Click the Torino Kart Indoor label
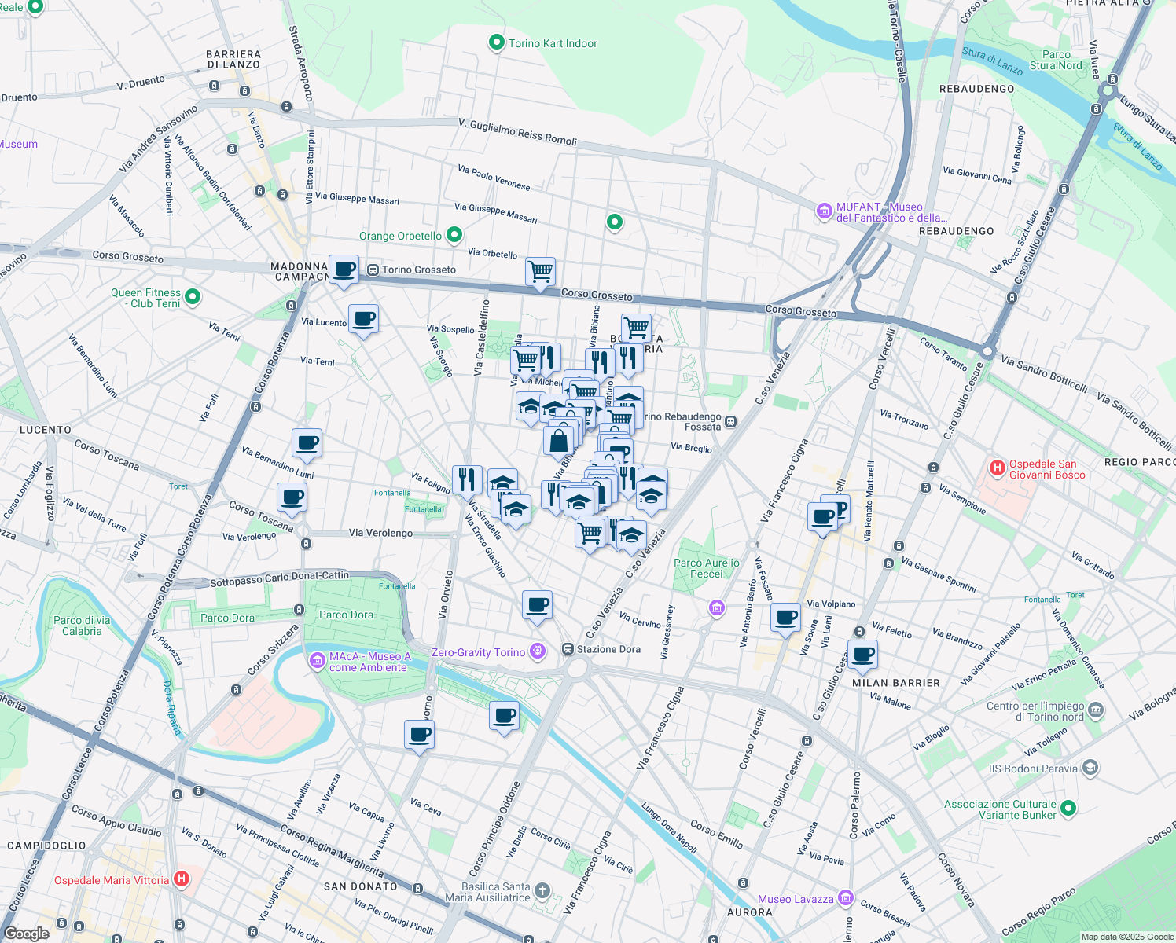click(x=553, y=43)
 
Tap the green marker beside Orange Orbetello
click(x=454, y=234)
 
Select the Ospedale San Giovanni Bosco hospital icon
click(x=998, y=468)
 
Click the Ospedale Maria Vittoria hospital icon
click(x=182, y=879)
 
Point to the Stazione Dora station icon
click(x=568, y=649)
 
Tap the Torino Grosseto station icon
click(x=373, y=270)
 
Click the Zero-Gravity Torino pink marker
click(x=538, y=651)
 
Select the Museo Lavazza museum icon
click(x=845, y=897)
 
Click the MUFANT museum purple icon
click(x=824, y=211)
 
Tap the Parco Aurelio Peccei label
click(x=706, y=568)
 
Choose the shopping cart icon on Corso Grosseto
click(x=540, y=272)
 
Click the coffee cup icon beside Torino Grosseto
click(x=344, y=270)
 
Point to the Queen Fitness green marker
click(x=193, y=297)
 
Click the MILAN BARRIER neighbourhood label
click(x=896, y=683)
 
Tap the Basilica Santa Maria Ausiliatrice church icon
click(x=542, y=890)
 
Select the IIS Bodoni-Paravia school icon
click(x=1090, y=768)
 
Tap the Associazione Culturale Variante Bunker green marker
click(x=1068, y=808)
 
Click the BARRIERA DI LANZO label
click(x=233, y=60)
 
